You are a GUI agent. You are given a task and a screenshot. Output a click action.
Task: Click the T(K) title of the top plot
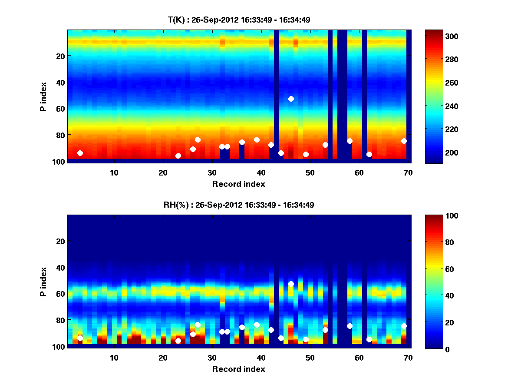click(x=239, y=20)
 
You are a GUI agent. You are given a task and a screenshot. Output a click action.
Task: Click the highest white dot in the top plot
click(x=291, y=99)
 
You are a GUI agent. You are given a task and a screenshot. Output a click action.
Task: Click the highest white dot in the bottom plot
click(x=291, y=284)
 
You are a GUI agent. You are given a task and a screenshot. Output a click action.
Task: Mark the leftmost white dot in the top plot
click(x=80, y=153)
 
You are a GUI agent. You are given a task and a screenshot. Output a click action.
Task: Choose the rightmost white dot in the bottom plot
click(x=404, y=326)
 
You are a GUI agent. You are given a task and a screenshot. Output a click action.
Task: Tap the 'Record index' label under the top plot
click(x=239, y=184)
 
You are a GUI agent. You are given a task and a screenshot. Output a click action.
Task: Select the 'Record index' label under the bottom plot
click(x=239, y=369)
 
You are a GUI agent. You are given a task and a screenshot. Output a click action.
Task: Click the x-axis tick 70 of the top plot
click(x=408, y=172)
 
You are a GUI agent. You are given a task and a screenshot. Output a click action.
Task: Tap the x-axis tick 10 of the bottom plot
click(x=114, y=358)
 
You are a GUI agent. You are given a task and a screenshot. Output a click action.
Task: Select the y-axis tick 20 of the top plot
click(x=60, y=56)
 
